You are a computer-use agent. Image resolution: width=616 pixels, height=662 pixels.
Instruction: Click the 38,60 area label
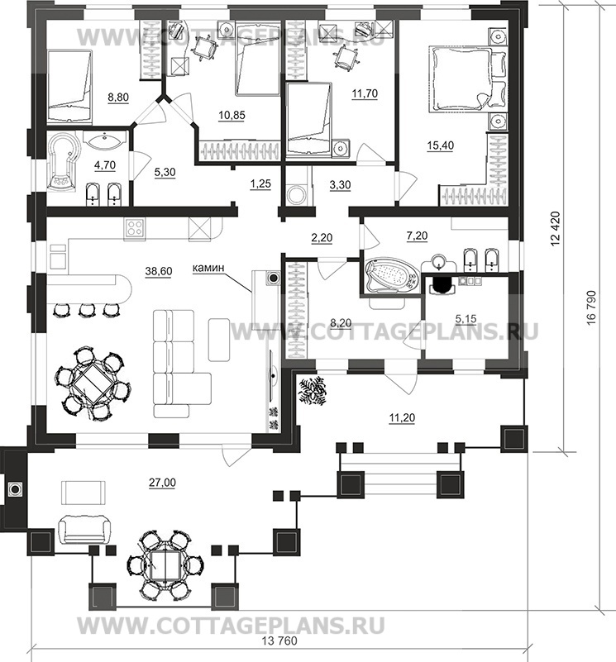[x=159, y=271]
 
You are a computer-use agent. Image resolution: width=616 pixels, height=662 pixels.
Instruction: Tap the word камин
[x=208, y=267]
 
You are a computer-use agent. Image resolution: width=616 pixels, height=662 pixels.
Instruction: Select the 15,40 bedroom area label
[x=440, y=145]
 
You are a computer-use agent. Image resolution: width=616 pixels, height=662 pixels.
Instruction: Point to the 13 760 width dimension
[x=279, y=641]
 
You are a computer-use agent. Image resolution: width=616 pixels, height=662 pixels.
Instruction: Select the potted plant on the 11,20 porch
[x=313, y=391]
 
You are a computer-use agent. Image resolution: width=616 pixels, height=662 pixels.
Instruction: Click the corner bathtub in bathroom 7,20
[x=391, y=276]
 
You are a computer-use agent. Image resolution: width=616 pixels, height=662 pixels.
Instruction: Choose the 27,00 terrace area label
[x=163, y=483]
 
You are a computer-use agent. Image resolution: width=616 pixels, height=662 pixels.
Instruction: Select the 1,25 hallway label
[x=260, y=184]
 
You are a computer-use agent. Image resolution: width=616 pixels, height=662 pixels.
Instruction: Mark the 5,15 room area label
[x=466, y=319]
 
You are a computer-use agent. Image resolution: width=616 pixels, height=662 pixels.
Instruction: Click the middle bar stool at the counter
[x=86, y=309]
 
